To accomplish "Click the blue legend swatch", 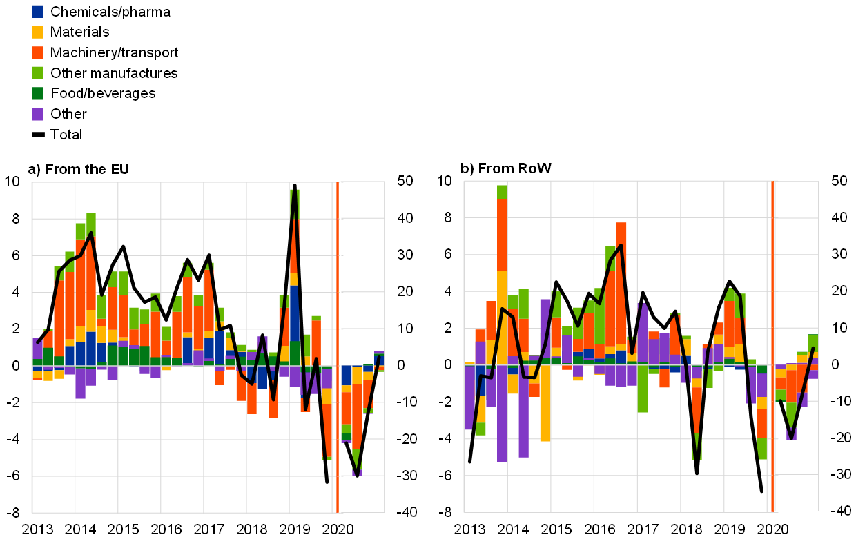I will point(37,11).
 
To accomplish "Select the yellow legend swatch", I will point(37,32).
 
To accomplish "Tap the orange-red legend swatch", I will point(37,52).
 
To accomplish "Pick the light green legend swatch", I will point(37,72).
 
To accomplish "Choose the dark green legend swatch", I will point(37,93).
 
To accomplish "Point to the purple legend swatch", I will point(37,114).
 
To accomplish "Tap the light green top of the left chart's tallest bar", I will point(294,196).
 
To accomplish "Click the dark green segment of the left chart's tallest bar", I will point(294,352).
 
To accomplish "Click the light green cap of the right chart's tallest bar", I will point(502,192).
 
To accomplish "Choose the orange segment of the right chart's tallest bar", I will point(502,235).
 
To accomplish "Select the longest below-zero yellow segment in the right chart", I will point(545,403).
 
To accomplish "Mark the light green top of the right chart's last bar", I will point(813,342).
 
